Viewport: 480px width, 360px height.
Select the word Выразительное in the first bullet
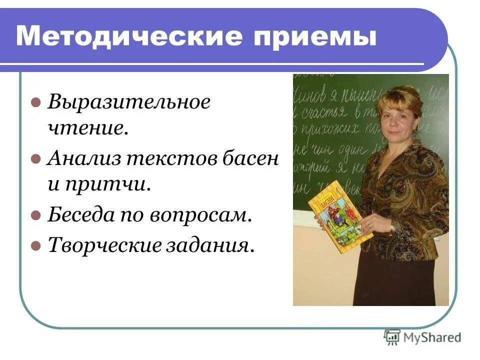point(129,103)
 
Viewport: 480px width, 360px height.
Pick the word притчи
point(107,185)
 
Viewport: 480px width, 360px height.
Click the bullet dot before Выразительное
point(35,103)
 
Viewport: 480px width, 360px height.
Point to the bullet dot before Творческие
point(35,245)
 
